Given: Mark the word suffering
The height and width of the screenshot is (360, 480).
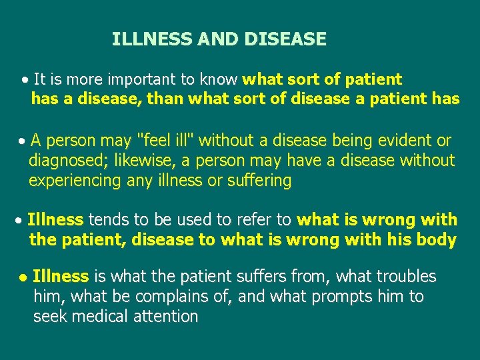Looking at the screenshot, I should [x=259, y=181].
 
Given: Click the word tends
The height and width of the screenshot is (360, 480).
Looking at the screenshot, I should [x=109, y=220].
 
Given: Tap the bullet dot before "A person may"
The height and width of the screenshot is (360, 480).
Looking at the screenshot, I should [x=23, y=141].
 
